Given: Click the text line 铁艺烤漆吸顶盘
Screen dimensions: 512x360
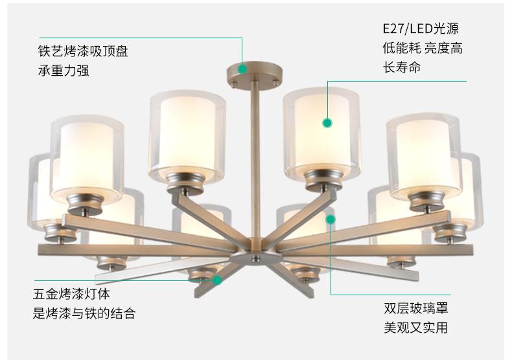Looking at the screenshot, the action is click(82, 51).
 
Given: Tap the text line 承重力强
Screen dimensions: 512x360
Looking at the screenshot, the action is click(63, 71).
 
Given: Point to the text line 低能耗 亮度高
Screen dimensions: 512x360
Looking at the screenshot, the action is click(422, 49).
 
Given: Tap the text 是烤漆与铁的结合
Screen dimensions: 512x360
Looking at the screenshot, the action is click(84, 314).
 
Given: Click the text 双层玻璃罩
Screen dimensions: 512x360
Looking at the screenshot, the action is click(415, 308).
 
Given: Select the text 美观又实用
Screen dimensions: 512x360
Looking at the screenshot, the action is click(415, 328).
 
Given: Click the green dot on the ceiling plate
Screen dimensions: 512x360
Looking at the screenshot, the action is click(242, 67).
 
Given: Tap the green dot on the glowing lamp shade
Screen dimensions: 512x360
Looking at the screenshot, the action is click(327, 122).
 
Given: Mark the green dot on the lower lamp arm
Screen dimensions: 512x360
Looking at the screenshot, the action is click(217, 280).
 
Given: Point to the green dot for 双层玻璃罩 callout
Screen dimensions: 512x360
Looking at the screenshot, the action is click(331, 219).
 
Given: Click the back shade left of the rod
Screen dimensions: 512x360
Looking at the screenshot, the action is click(187, 133).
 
